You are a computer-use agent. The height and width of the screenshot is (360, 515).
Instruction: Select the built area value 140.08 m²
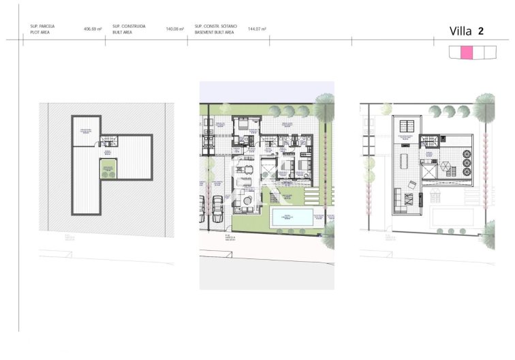(x=175, y=29)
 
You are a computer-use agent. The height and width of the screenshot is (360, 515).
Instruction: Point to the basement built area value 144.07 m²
(x=257, y=29)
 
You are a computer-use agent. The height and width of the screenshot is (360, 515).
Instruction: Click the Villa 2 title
(x=467, y=31)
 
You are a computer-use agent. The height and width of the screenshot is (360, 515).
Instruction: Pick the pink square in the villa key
(x=467, y=52)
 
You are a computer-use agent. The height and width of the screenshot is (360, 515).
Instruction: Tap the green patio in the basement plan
(x=107, y=168)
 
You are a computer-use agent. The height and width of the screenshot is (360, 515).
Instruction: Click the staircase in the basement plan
(x=109, y=142)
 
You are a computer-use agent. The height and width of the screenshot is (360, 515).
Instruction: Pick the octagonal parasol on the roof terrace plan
(x=446, y=166)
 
